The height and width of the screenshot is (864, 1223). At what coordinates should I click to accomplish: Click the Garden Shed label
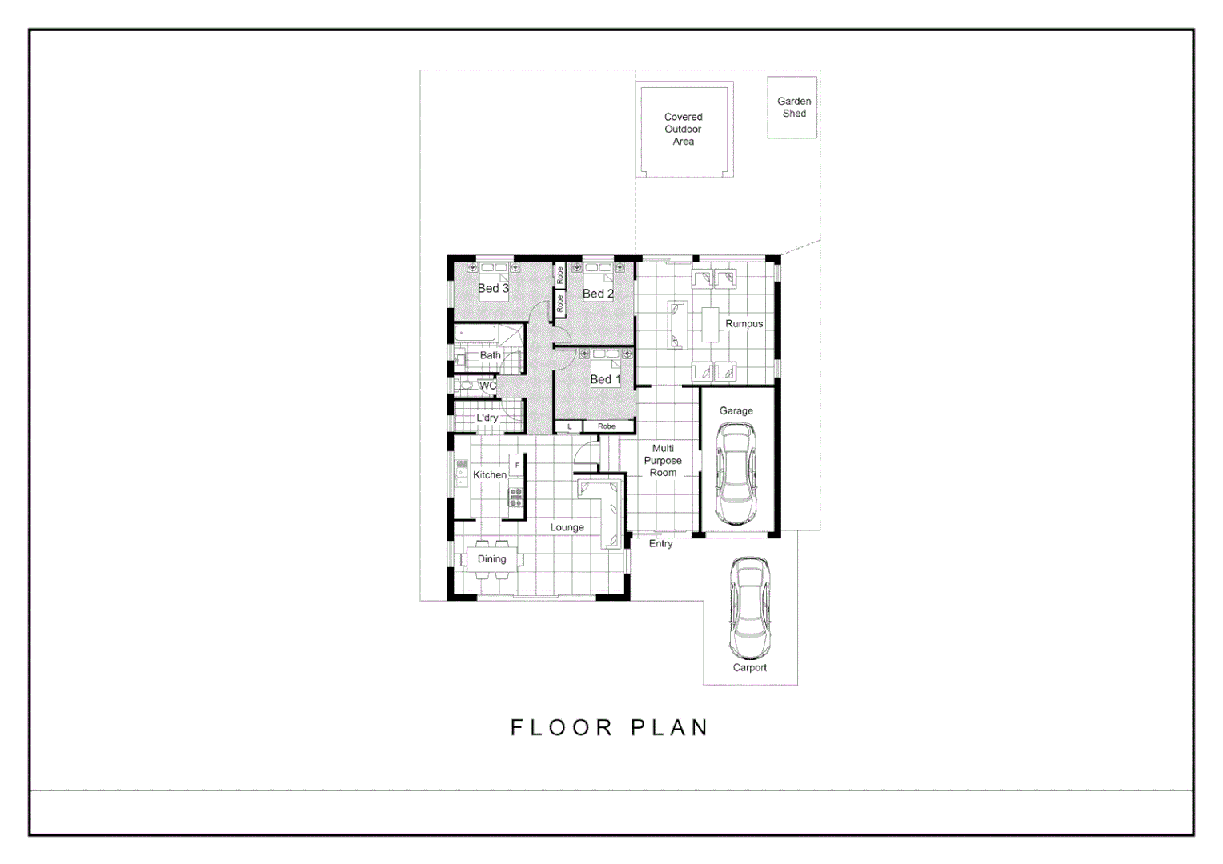point(793,107)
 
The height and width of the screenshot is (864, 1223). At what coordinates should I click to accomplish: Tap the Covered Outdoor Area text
point(683,129)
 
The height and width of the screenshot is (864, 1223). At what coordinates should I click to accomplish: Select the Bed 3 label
point(493,288)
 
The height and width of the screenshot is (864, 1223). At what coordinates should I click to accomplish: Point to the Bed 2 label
point(598,294)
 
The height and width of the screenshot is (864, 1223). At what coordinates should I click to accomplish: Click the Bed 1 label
point(605,379)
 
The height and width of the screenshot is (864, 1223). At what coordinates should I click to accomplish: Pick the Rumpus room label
point(744,324)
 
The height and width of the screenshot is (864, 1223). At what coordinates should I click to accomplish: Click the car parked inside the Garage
point(736,474)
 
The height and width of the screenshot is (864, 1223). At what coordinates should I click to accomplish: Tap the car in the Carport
point(749,608)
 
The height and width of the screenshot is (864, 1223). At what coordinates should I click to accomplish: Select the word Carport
point(749,667)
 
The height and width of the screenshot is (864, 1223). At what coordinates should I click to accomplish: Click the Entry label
point(660,544)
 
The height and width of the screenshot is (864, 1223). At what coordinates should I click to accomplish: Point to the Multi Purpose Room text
point(663,461)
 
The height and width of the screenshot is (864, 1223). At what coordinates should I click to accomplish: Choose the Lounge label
point(567,527)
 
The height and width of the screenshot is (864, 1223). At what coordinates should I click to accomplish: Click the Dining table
point(491,559)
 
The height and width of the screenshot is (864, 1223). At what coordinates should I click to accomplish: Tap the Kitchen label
point(489,474)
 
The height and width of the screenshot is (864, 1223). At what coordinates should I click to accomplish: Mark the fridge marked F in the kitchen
point(517,465)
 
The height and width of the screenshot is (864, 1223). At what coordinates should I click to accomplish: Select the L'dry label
point(487,418)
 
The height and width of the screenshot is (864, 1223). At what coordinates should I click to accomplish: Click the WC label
point(487,386)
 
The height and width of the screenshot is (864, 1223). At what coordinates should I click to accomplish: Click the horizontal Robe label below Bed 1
point(607,426)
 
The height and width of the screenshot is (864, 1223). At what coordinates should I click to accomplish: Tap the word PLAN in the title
point(670,727)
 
